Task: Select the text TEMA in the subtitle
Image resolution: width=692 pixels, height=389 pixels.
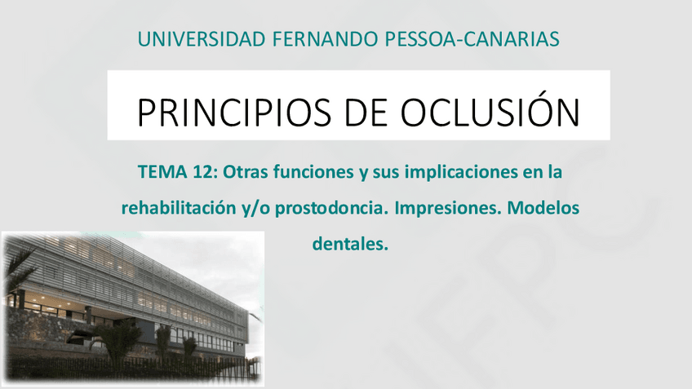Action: (162, 173)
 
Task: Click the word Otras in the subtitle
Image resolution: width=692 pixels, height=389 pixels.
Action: (245, 173)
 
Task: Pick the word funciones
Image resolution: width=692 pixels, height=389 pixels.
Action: (311, 173)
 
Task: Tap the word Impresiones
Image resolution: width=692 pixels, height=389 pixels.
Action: (446, 208)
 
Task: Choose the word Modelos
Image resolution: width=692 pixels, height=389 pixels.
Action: (543, 208)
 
